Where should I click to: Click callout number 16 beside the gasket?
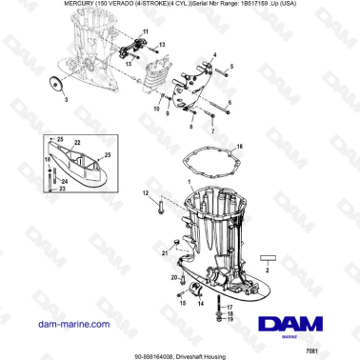point(239,146)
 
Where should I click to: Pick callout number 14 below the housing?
point(198,303)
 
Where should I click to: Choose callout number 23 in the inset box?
point(64,189)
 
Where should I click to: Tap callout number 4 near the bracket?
point(215,56)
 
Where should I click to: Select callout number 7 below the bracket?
point(213,129)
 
